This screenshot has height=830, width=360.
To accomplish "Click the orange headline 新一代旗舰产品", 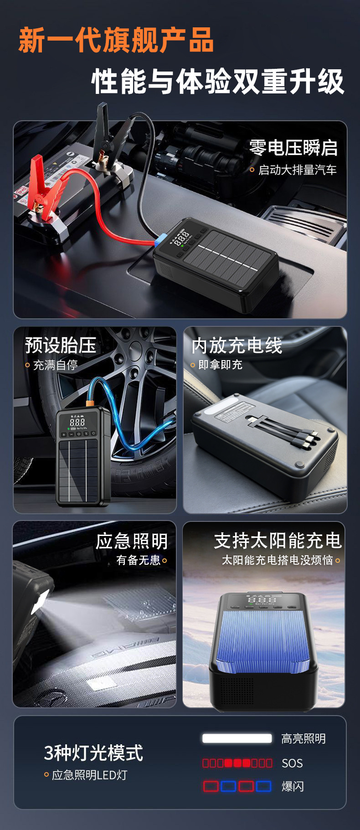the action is pos(116,40).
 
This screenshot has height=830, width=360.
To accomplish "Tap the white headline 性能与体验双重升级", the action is pos(218,82).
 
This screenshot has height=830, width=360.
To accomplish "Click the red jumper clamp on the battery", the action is pos(43,191).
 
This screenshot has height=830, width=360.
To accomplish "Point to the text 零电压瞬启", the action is pos(293,148).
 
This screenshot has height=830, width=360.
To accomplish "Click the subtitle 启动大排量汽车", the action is pos(297,170).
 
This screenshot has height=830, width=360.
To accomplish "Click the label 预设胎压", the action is pos(60,345).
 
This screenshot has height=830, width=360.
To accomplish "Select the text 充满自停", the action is pos(55,365).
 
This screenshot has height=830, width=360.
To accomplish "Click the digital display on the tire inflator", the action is pos(77,422).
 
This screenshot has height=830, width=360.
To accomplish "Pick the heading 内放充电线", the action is pos(237,345).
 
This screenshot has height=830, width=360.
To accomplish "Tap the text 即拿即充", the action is pos(220,365).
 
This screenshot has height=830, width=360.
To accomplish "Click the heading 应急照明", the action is pos(132,541).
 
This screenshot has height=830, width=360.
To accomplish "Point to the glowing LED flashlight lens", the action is pos(40,601).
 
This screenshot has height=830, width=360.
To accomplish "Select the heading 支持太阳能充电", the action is pos(278,541).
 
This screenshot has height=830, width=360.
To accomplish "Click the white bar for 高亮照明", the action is pos(237,738).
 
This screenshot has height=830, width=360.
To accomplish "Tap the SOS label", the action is pos(292,763).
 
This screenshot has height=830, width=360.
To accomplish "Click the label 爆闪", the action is pos(293,786).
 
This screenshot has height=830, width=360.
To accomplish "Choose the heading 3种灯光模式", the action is pos(93,753).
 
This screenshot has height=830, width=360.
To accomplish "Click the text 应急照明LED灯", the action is pos(89,775).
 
